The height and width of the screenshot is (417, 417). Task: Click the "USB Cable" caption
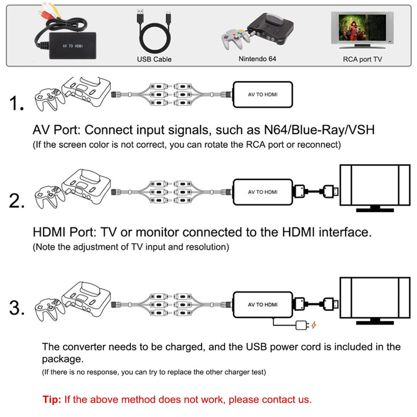(154, 59)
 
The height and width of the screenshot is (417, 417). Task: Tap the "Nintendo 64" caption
(257, 59)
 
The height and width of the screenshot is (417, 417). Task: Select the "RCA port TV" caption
(362, 59)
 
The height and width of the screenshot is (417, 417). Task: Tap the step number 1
(17, 104)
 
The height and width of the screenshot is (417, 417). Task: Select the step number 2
(17, 201)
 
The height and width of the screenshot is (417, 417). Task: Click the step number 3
(17, 308)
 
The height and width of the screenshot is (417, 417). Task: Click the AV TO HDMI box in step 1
(262, 95)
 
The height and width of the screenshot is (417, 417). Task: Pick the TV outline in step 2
(374, 187)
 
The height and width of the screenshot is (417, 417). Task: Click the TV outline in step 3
(374, 300)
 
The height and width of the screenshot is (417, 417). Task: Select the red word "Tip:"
(52, 399)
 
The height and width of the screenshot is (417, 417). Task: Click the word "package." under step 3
(62, 359)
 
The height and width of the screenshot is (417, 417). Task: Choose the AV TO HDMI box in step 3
(262, 305)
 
